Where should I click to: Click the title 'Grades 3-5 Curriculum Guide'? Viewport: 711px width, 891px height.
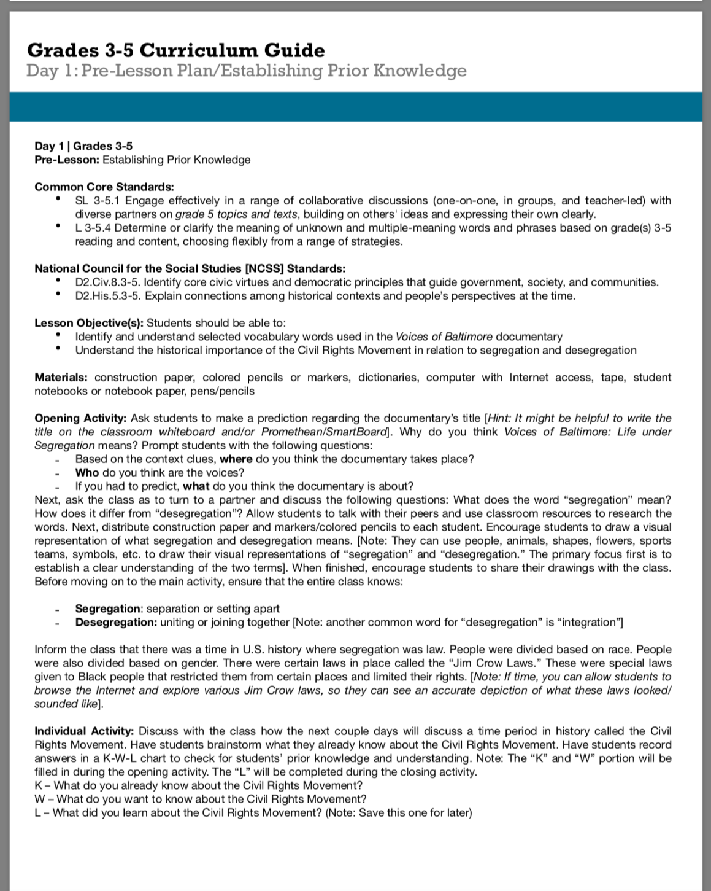click(x=175, y=50)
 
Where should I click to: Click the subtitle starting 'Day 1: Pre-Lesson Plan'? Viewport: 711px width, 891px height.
click(x=246, y=71)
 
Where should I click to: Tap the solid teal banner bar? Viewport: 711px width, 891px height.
click(x=356, y=106)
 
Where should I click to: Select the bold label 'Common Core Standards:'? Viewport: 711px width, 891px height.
click(x=104, y=187)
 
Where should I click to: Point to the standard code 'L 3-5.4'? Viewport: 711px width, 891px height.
click(x=93, y=228)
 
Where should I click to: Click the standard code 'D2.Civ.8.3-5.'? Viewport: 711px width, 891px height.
click(x=108, y=282)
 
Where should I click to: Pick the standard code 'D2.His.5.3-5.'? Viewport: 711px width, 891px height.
click(x=108, y=296)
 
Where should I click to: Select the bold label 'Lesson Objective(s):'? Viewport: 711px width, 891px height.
click(x=89, y=323)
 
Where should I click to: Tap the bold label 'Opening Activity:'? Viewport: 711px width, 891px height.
click(x=80, y=418)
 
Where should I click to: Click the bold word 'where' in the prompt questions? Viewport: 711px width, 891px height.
click(x=236, y=459)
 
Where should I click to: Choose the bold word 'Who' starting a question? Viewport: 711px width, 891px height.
click(x=87, y=473)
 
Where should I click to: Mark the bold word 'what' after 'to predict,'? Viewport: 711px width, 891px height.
click(x=196, y=486)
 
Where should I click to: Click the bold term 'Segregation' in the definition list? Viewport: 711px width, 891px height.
click(x=108, y=609)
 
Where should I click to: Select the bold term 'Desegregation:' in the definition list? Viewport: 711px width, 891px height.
click(x=116, y=623)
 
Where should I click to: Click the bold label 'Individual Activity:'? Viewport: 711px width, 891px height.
click(x=84, y=731)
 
